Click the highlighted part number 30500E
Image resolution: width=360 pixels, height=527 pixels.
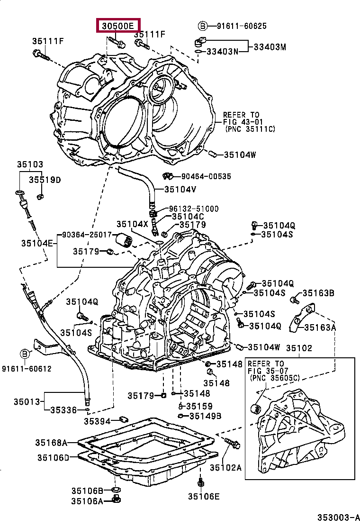point(117,26)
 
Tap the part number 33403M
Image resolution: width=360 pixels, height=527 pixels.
point(270,47)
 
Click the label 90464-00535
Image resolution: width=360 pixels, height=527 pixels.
point(206,176)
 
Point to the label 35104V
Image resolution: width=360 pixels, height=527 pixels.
point(180,190)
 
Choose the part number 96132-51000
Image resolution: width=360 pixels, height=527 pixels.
point(194,209)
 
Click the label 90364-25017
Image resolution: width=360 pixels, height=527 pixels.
point(87,235)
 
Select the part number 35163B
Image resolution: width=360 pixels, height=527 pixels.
point(318,293)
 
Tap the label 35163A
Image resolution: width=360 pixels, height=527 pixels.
point(320,327)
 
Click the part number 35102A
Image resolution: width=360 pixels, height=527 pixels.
point(225,467)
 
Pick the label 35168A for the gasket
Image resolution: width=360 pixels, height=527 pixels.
point(51,443)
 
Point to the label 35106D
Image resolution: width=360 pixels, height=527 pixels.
point(53,457)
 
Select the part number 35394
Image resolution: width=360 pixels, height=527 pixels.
point(97,421)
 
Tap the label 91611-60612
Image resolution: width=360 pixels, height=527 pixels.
point(27,369)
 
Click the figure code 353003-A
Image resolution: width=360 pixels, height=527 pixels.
point(339,517)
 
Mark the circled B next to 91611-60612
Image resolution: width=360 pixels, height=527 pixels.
point(25,354)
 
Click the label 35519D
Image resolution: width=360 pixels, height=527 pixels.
point(45,180)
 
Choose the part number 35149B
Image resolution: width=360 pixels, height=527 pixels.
point(205,416)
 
